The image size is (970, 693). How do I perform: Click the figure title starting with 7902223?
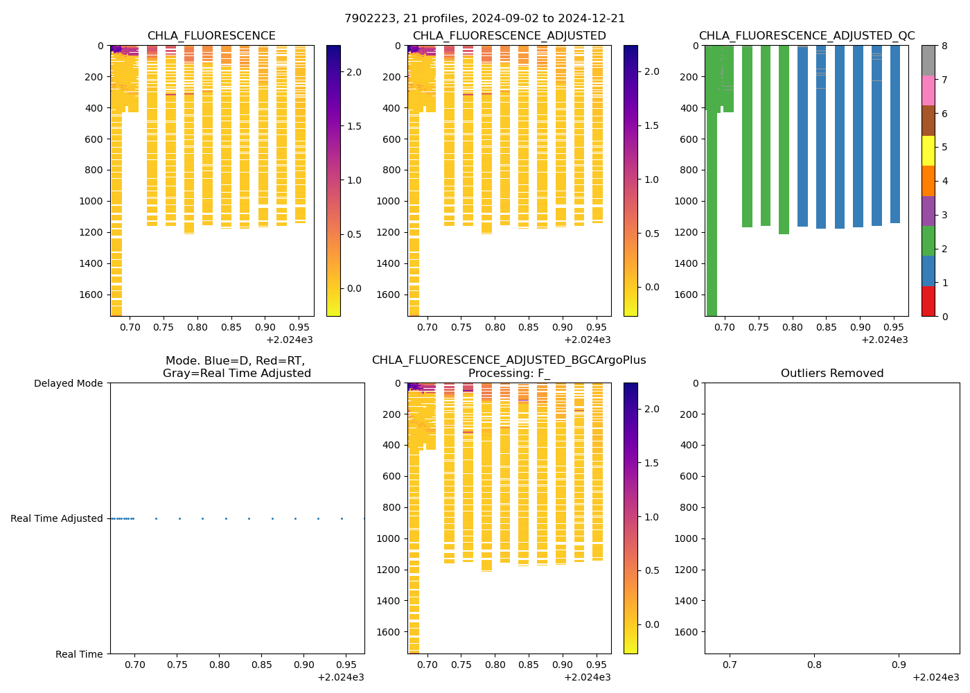coord(485,19)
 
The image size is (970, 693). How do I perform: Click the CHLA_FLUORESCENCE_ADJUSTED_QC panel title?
coord(806,36)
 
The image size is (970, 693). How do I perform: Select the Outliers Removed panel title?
coord(832,374)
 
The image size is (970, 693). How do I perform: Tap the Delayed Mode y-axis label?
coord(68,383)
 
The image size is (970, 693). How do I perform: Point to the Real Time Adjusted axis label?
coord(57,518)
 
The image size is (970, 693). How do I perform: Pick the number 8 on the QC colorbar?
coord(944,46)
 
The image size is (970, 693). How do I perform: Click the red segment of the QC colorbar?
coord(928,301)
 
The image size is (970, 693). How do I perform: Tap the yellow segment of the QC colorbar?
coord(928,151)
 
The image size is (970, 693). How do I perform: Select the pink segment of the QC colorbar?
coord(928,91)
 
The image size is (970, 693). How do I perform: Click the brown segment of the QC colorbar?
coord(928,121)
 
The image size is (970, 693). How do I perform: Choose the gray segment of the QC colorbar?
coord(928,60)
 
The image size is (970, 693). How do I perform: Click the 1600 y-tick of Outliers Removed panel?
coord(686,632)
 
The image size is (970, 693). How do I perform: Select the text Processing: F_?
coord(509,374)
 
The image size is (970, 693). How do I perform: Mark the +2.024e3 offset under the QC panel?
coord(884,340)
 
